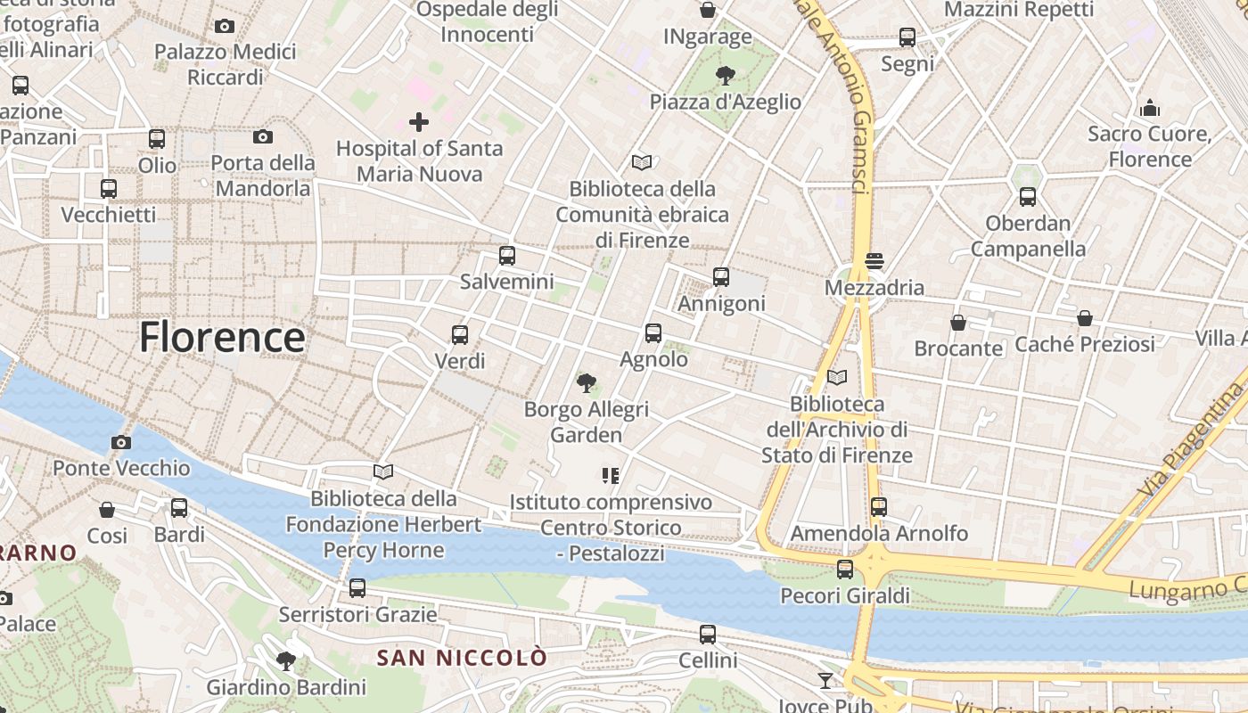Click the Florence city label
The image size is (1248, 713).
coord(222,337)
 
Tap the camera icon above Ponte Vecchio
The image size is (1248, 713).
coord(121,442)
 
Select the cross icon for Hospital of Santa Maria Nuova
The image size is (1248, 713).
coord(419,122)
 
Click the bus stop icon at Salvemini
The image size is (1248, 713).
coord(507,256)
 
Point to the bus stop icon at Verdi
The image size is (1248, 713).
coord(460,335)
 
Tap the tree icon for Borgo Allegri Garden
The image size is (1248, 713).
coord(586,383)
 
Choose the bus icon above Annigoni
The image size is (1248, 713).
coord(721,277)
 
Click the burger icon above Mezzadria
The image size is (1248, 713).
coord(874,261)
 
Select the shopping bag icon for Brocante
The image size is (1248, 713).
coord(958,322)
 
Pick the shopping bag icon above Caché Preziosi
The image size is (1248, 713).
coord(1085,318)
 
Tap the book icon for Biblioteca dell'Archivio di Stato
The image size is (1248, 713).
coord(836,378)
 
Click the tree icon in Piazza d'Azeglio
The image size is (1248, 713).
coord(726,76)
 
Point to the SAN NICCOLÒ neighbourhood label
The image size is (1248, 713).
coord(462,658)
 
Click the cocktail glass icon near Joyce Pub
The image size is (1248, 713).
coord(826,681)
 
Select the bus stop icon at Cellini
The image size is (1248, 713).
coord(708,635)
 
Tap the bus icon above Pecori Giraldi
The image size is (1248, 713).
coord(845,569)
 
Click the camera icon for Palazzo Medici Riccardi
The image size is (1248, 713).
coord(225,27)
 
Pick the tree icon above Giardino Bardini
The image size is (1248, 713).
coord(286,661)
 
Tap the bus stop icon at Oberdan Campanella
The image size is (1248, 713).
coord(1028,197)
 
